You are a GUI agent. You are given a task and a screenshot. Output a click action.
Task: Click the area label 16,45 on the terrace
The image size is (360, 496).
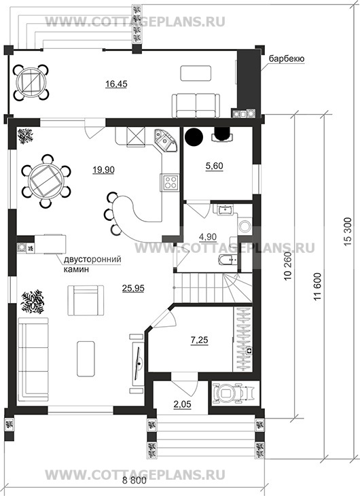116,84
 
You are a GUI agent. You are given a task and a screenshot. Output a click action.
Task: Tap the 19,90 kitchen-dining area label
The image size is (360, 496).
103,170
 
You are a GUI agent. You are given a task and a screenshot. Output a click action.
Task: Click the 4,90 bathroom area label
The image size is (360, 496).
208,236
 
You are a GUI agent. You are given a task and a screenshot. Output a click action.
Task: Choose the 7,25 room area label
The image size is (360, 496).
200,340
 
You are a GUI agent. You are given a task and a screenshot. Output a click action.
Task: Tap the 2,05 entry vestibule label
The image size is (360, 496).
183,404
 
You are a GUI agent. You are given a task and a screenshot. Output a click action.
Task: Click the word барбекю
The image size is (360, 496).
287,59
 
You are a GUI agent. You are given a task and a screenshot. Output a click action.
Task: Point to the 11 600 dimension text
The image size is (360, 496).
318,287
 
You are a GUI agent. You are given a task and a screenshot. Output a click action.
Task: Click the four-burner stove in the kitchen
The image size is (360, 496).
170,183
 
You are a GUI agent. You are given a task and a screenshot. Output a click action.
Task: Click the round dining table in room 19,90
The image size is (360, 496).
46,181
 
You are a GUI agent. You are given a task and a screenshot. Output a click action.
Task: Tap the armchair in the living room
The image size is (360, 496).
86,300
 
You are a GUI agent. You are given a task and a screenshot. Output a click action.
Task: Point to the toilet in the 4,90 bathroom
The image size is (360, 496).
227,260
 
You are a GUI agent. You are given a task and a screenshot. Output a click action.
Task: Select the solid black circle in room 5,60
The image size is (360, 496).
194,136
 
